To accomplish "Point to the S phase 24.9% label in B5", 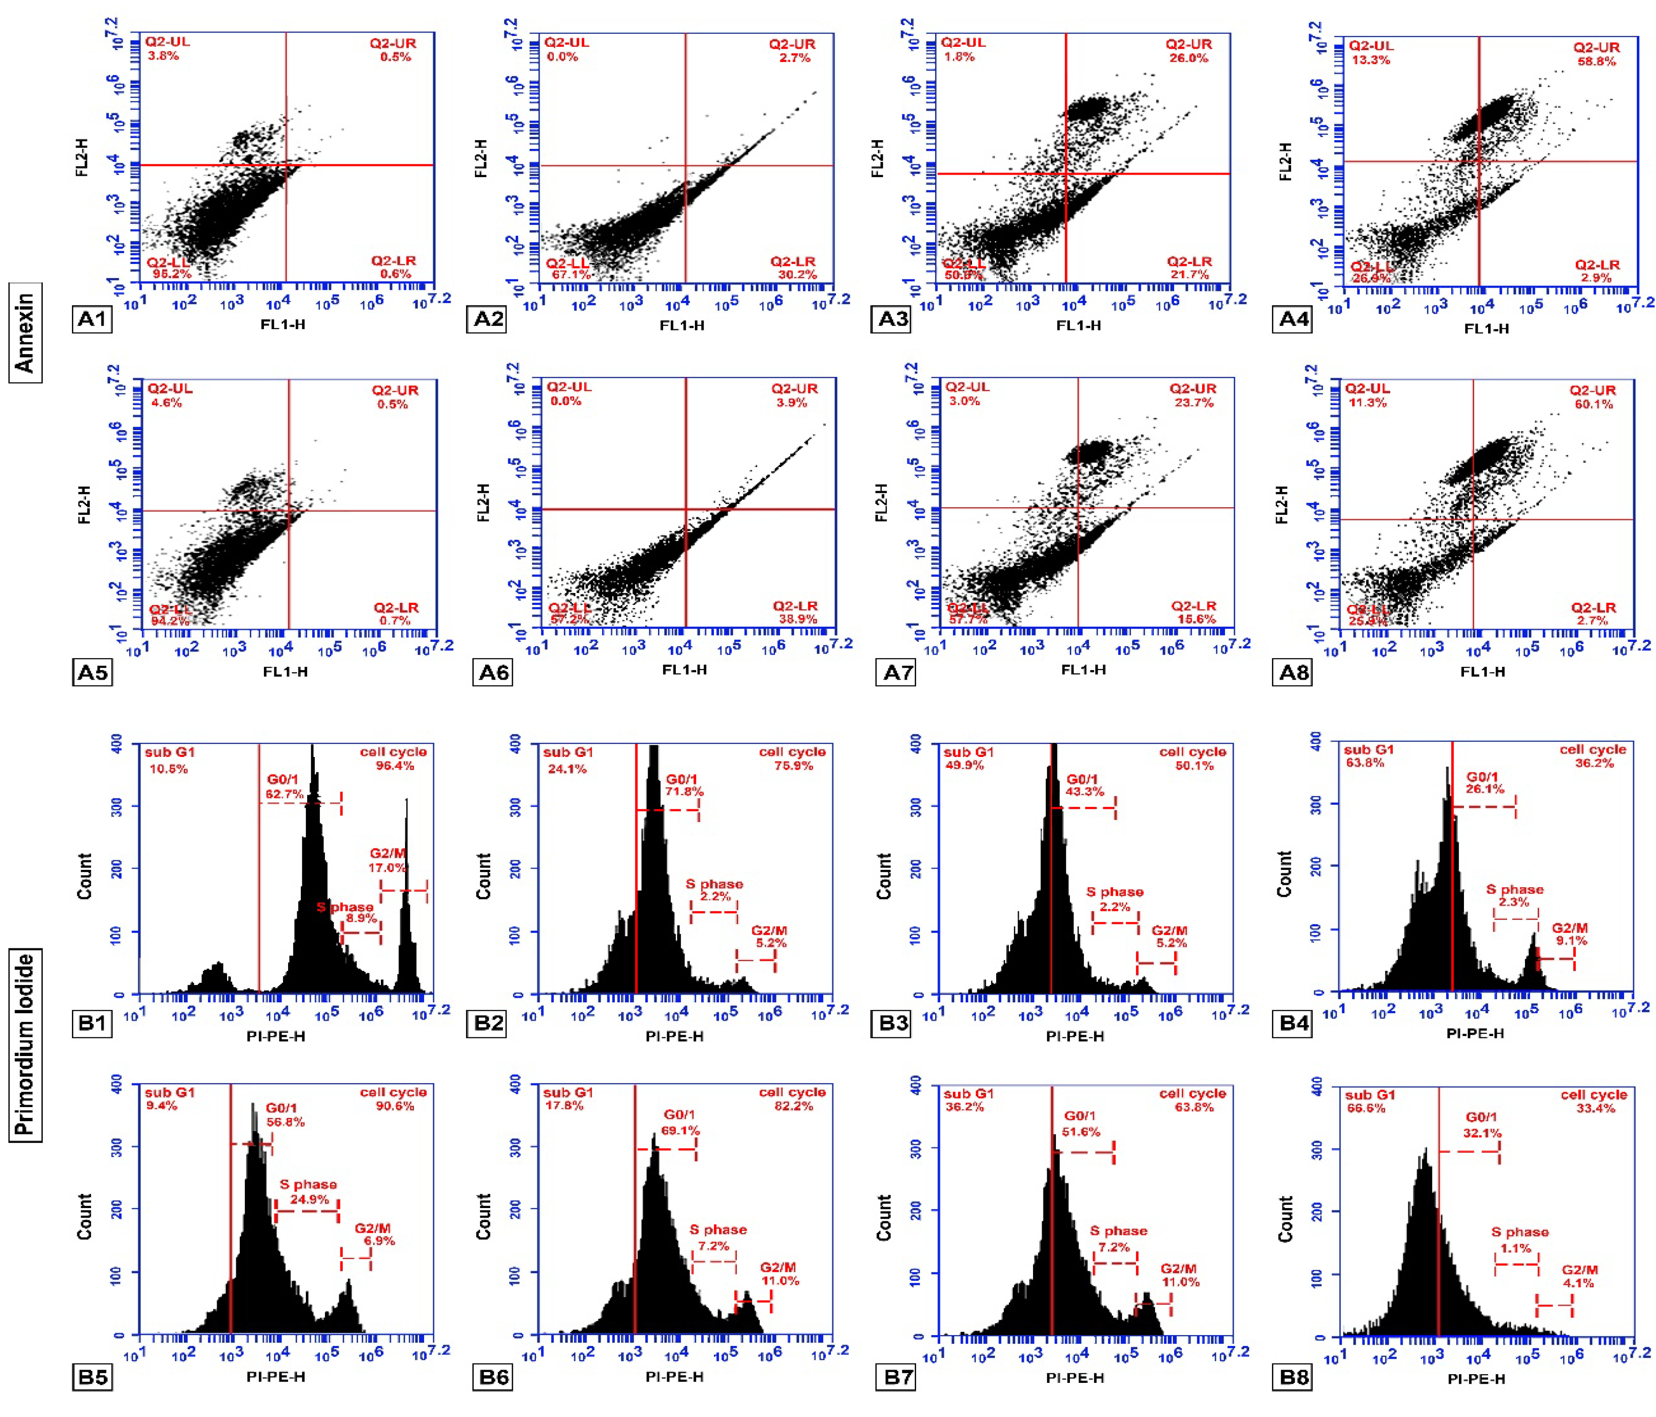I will pos(309,1199).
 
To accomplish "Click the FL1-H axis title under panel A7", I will pos(1083,670).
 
